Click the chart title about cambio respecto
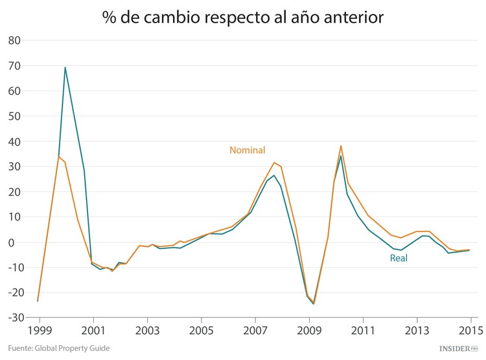243,18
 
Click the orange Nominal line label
248,150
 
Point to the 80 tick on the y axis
15,41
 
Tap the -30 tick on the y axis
12,318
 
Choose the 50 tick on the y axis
15,116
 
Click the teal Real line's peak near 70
65,67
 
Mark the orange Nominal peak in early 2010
341,146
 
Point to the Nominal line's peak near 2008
274,163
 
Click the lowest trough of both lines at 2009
314,303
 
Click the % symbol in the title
109,18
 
